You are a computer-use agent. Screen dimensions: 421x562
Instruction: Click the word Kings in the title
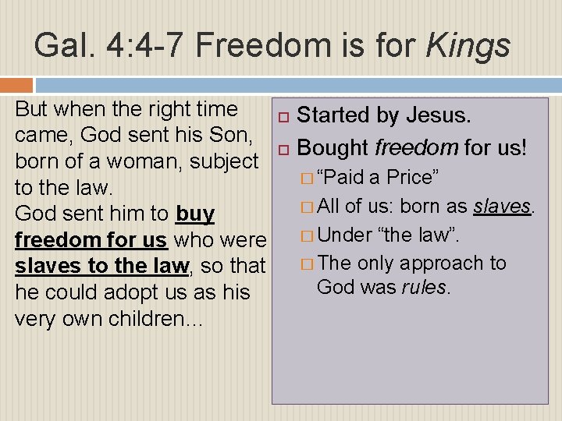point(468,46)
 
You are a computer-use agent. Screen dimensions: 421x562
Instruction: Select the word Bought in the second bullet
point(333,147)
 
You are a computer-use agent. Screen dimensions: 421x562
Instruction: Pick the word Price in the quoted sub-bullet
point(411,177)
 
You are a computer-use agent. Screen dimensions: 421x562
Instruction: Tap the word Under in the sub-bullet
point(346,234)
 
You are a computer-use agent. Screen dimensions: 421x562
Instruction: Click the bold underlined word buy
point(195,214)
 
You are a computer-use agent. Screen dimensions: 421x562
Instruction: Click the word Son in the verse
point(232,135)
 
